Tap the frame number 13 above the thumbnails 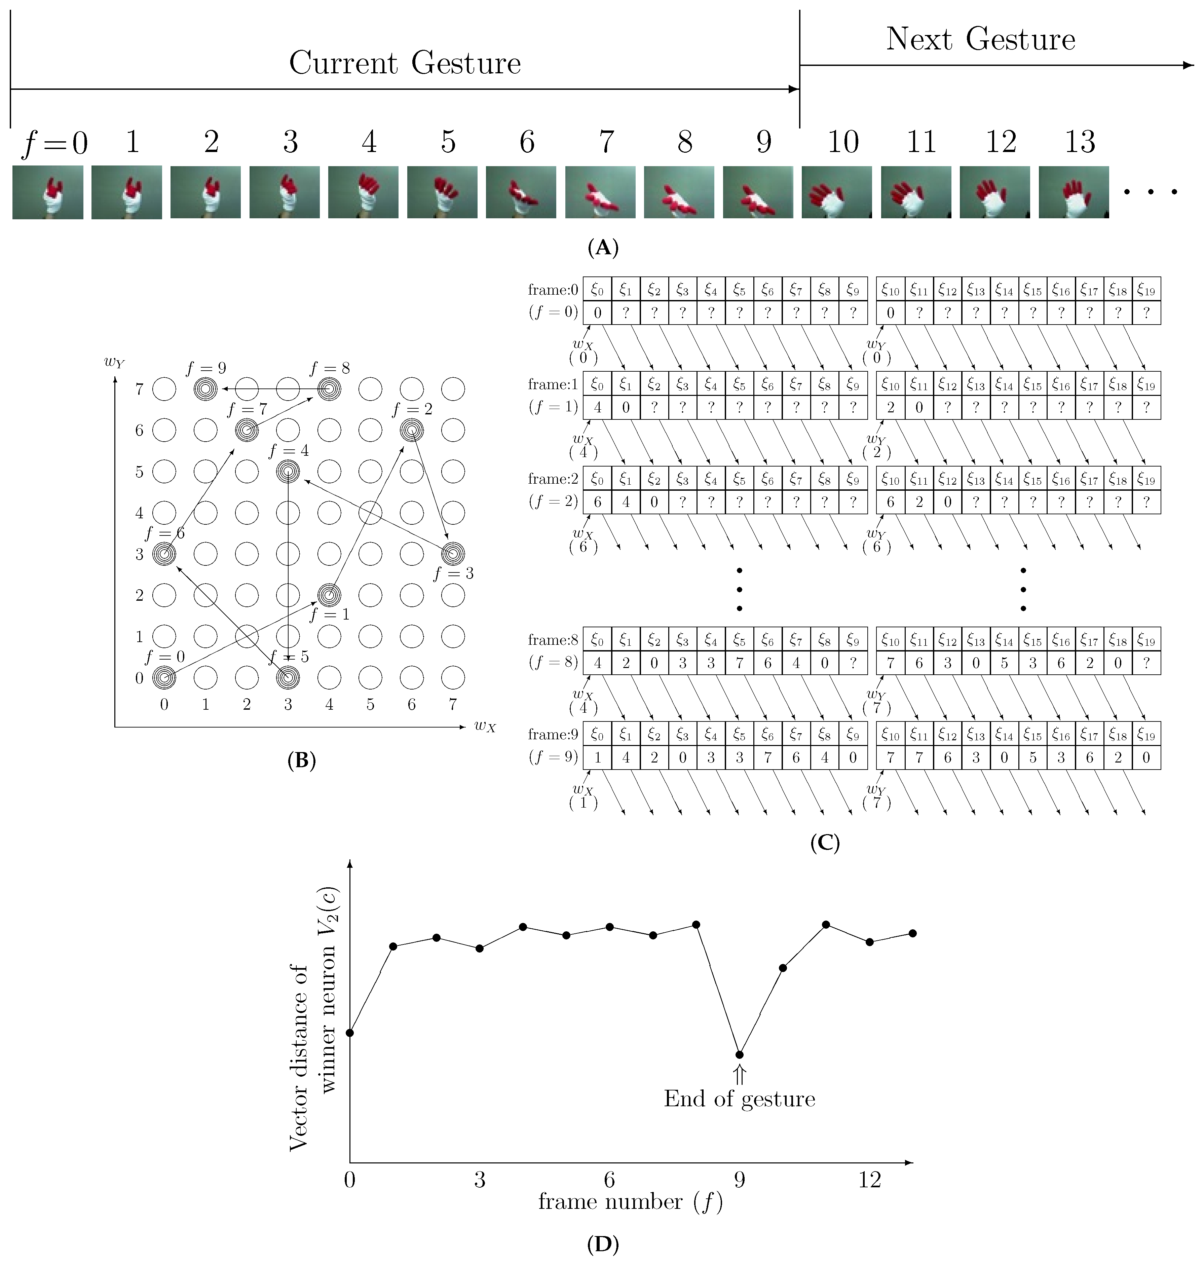(x=1080, y=142)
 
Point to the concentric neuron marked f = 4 (x=288, y=471)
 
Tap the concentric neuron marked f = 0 (x=164, y=677)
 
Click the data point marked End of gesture (x=739, y=1055)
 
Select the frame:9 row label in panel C (x=553, y=735)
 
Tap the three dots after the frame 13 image (x=1151, y=192)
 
